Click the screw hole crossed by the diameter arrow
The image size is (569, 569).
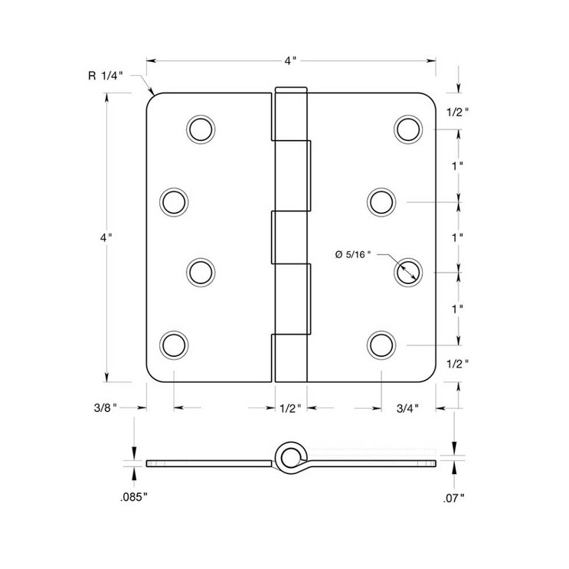point(408,271)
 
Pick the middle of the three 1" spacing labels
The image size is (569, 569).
point(457,237)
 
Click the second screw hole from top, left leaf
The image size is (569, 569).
point(174,201)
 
